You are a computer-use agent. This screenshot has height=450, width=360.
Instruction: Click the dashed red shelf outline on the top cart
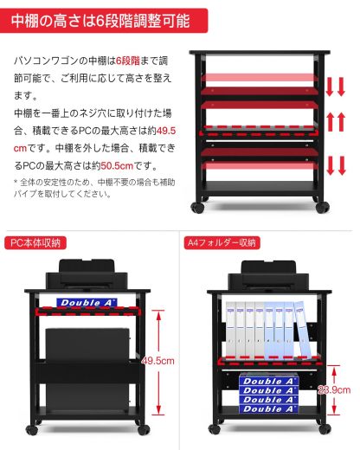coord(261,133)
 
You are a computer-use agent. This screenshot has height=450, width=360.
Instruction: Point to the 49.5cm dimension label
coord(158,360)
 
